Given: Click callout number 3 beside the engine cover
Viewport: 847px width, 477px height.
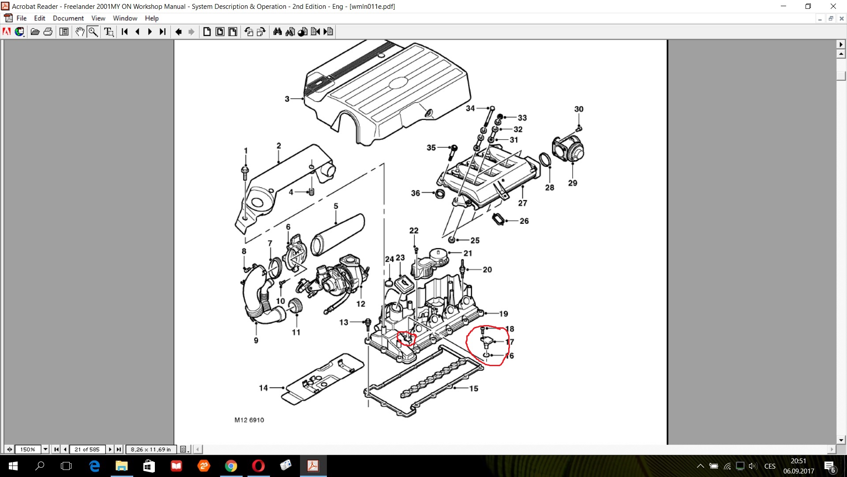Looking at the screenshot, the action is click(287, 99).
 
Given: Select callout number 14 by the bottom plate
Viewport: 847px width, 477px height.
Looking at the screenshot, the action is click(263, 388).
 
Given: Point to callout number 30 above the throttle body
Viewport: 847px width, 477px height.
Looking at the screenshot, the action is click(579, 109).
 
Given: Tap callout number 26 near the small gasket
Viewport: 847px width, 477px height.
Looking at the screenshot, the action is click(524, 221).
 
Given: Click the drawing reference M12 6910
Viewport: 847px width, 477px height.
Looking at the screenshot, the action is click(249, 420).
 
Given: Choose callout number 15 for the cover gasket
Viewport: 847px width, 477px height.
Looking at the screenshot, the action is click(474, 389).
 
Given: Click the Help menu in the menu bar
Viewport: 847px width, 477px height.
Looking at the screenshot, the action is click(152, 18).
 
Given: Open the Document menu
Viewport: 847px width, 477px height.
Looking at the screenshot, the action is click(68, 18).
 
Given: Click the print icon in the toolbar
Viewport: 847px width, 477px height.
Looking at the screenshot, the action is click(48, 32).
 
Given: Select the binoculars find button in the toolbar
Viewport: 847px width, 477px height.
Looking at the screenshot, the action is click(277, 32).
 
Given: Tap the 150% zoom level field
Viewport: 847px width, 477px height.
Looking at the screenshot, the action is click(28, 450).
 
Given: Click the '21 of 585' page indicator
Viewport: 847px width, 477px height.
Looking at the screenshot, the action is click(87, 450).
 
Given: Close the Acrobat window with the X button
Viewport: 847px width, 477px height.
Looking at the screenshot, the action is click(833, 6).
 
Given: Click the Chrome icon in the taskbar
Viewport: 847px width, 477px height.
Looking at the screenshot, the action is click(231, 466).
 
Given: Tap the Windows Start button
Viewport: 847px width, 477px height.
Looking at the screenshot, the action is click(13, 466).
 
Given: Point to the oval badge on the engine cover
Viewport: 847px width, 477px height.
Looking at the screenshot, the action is click(398, 83).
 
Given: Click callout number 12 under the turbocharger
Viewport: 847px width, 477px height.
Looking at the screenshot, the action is click(361, 304).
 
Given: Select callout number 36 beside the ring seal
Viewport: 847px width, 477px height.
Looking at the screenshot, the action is click(416, 193).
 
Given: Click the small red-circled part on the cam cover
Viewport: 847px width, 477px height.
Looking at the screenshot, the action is click(406, 338).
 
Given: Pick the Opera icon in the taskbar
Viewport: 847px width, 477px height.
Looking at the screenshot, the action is click(259, 466).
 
